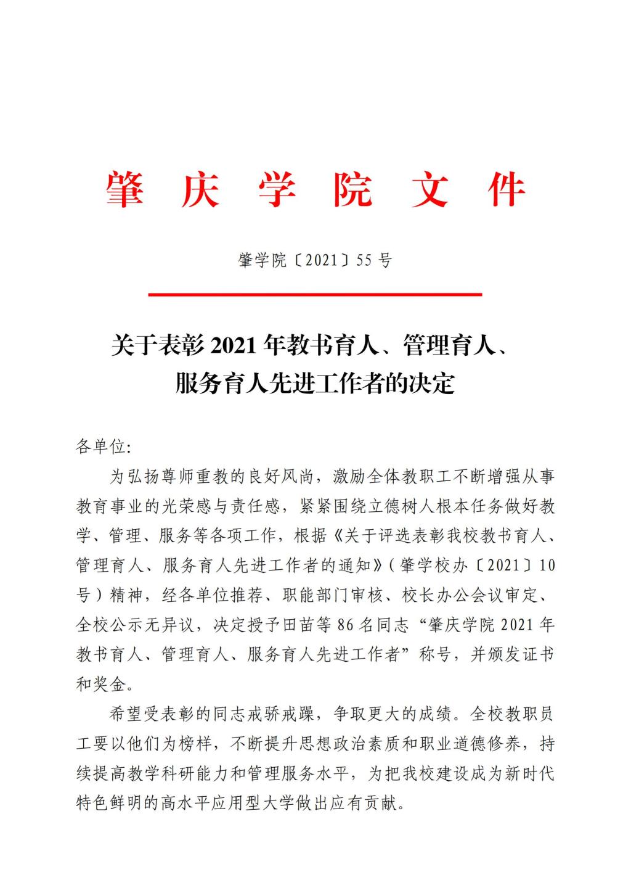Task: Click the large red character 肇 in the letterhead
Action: coord(126,189)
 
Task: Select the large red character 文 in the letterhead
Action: coord(430,189)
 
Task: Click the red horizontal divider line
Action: coord(315,295)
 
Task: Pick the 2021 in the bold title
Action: coord(234,346)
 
